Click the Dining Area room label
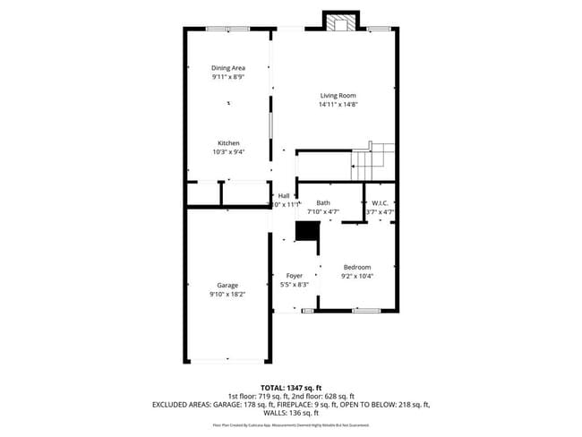coord(228,68)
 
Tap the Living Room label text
coord(338,95)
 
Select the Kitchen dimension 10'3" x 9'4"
coord(228,152)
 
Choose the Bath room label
coord(322,203)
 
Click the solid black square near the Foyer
coord(307,231)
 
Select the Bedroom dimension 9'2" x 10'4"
coord(356,277)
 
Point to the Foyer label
coord(294,275)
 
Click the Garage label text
coord(227,285)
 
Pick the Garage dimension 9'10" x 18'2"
coord(227,294)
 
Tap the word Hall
coord(284,195)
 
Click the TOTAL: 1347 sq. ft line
coord(291,387)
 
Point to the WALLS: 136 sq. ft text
coord(291,414)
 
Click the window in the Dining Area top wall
coord(228,30)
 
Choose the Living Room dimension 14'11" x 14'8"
coord(338,105)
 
